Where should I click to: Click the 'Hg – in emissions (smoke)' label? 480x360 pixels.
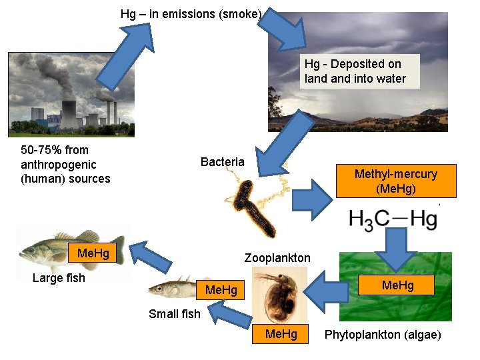191,14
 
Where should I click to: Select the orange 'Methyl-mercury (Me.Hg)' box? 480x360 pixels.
396,181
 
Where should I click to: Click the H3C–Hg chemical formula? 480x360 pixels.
393,219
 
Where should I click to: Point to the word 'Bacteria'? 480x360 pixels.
223,162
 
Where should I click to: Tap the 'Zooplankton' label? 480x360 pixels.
277,257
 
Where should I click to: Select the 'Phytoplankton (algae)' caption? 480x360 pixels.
383,335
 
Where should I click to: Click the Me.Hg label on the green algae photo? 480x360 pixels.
397,285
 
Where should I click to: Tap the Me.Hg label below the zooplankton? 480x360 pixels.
281,333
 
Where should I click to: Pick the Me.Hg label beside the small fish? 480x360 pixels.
221,290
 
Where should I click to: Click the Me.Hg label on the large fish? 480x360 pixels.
93,253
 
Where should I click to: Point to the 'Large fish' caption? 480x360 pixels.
59,278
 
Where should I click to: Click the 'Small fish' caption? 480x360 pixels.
174,313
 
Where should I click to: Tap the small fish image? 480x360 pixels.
172,289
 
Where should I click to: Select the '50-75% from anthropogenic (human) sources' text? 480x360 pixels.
65,164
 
